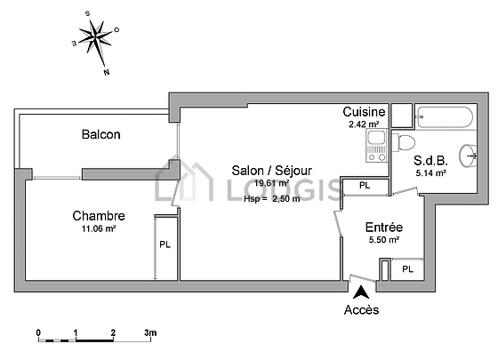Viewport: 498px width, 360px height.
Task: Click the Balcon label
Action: [x=101, y=134]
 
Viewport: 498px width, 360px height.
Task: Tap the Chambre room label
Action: [x=99, y=216]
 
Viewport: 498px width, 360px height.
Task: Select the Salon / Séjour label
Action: [x=271, y=171]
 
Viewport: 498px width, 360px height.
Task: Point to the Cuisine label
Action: [x=364, y=112]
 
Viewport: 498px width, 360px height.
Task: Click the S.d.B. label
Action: [x=430, y=161]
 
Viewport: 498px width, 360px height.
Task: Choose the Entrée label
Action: [x=384, y=228]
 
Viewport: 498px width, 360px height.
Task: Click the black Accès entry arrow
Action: [x=361, y=292]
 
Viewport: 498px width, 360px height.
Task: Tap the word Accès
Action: [x=361, y=310]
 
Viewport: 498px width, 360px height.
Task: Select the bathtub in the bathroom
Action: [x=446, y=117]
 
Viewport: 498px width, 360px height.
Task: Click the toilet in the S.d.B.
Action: [x=404, y=142]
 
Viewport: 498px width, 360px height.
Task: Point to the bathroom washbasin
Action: [x=468, y=156]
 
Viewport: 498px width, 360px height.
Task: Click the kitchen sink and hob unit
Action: [x=377, y=146]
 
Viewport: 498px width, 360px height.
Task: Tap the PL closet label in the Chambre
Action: [x=165, y=244]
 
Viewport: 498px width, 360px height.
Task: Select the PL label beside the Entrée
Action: [x=407, y=269]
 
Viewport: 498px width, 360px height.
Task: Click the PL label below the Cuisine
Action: [x=365, y=185]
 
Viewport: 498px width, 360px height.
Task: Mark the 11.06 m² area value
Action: [x=99, y=228]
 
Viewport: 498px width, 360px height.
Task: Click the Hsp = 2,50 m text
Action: [x=272, y=199]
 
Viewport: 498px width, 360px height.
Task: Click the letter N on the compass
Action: [x=107, y=72]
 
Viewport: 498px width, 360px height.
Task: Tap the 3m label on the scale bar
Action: [x=150, y=332]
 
